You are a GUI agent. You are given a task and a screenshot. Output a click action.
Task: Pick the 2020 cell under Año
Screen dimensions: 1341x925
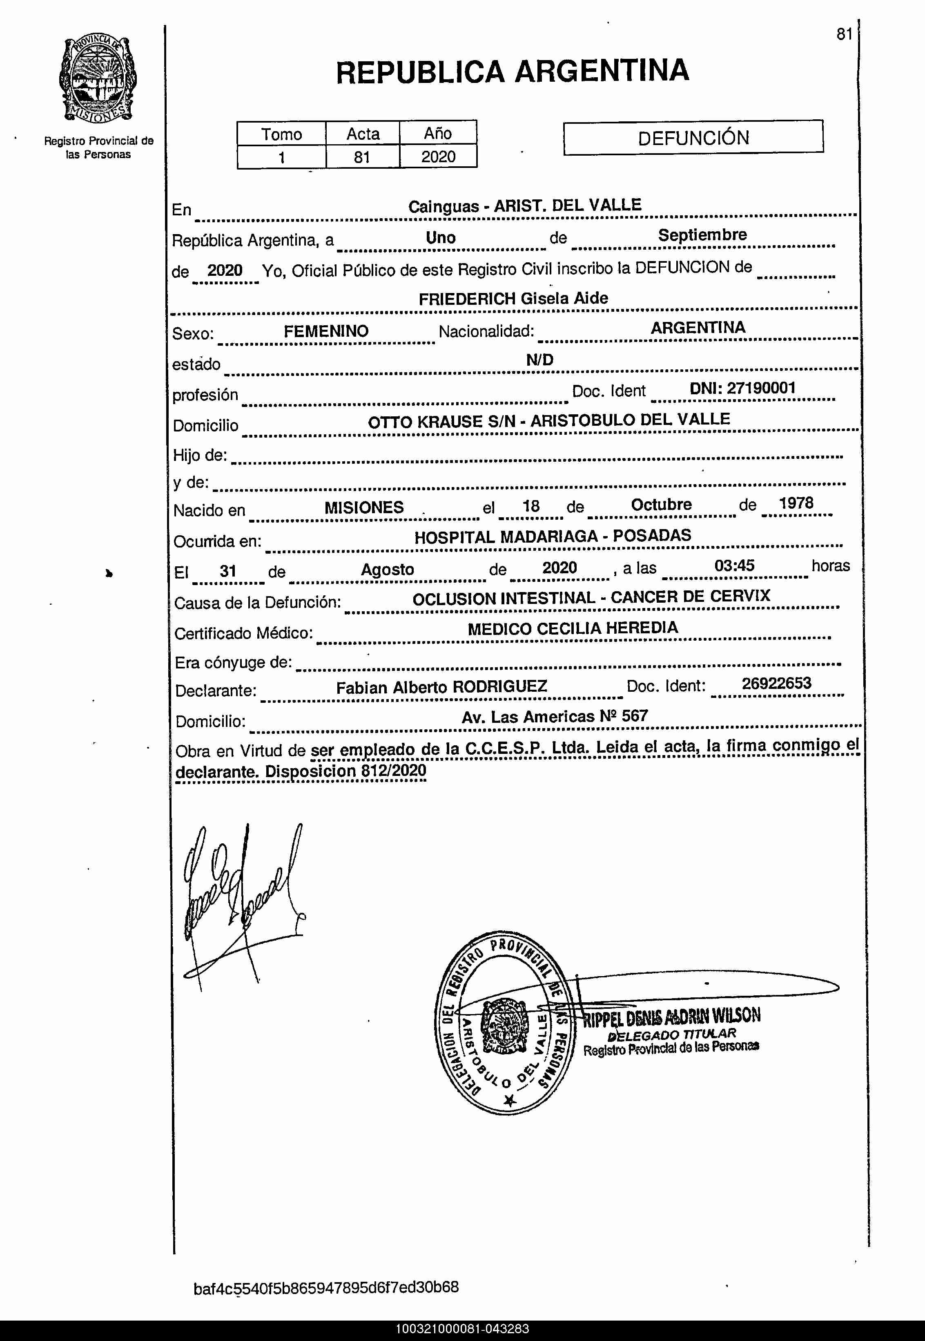[x=438, y=156]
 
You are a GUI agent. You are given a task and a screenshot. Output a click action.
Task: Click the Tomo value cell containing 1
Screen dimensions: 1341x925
[x=282, y=157]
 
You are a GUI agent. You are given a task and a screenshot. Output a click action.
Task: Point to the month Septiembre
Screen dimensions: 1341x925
[x=702, y=235]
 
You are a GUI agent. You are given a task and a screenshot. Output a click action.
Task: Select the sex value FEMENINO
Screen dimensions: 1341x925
[x=326, y=331]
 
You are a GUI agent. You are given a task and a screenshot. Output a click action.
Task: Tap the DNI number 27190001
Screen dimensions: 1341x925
[x=761, y=388]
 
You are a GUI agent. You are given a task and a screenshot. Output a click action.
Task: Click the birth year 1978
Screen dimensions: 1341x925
[x=796, y=503]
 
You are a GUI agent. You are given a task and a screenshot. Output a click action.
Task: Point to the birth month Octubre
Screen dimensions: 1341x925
[x=661, y=504]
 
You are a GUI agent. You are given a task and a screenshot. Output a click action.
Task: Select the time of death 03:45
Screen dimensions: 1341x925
[x=734, y=565]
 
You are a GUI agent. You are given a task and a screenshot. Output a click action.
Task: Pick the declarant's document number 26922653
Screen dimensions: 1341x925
[x=777, y=683]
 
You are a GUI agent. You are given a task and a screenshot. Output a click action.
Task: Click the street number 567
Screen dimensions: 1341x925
[x=635, y=716]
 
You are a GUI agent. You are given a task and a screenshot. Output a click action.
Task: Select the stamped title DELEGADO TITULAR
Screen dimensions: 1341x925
[x=671, y=1034]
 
